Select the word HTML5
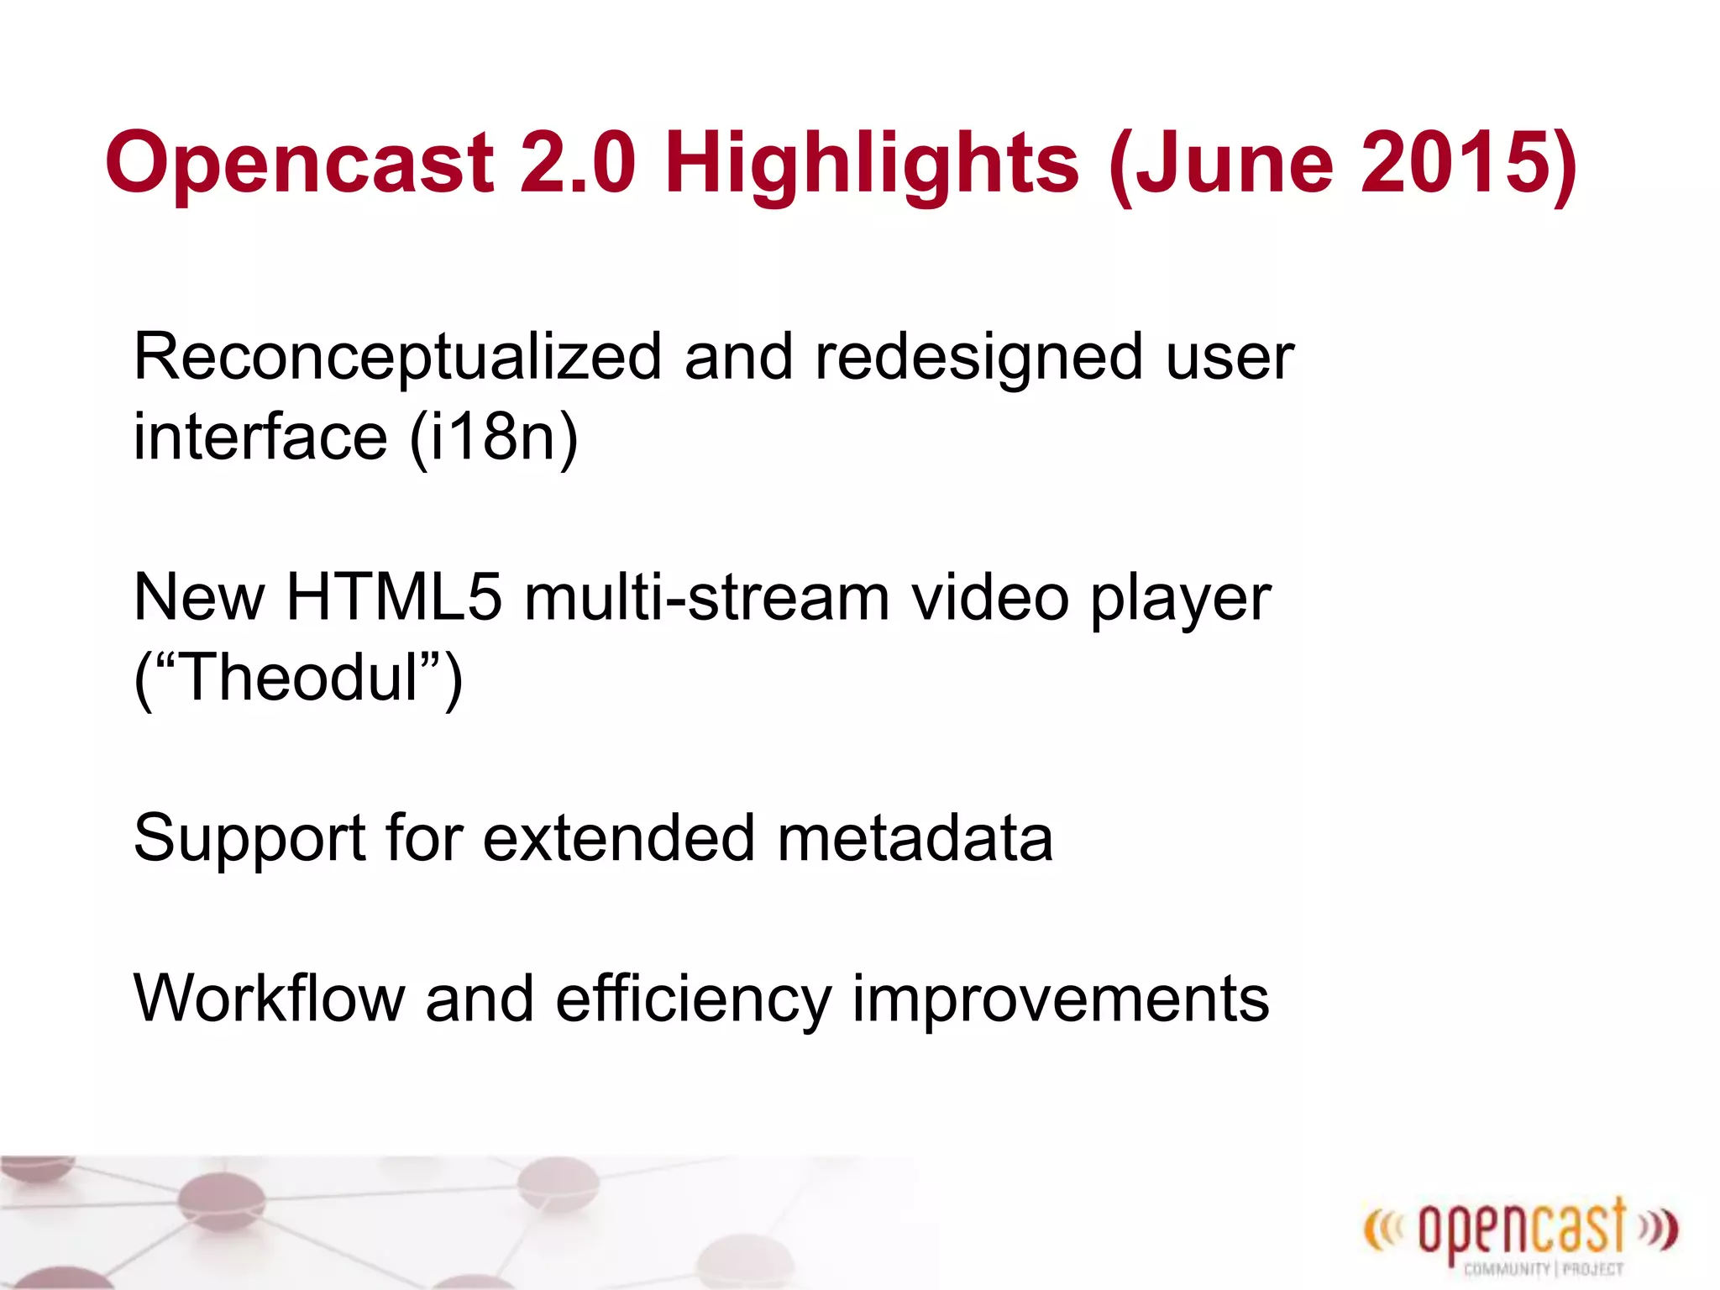coord(394,598)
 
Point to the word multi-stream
coord(706,598)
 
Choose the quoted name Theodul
coord(298,679)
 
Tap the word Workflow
coord(269,999)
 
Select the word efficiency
coord(693,999)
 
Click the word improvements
coord(1060,999)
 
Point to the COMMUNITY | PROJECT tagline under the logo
coord(1543,1269)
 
